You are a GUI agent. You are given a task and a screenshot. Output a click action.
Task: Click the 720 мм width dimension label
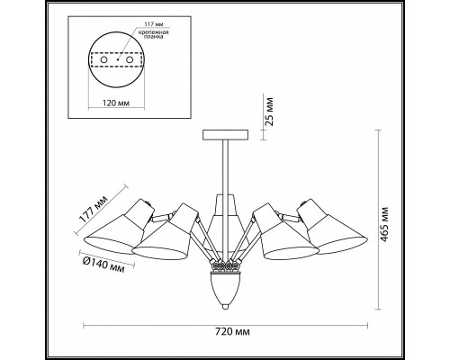(x=232, y=331)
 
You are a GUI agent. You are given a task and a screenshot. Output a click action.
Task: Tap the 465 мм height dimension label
(x=383, y=224)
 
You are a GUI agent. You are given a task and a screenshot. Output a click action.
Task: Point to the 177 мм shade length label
(x=94, y=209)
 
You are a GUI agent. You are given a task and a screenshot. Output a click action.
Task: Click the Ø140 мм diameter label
(x=103, y=264)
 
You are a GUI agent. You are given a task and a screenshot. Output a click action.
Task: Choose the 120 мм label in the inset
(x=116, y=103)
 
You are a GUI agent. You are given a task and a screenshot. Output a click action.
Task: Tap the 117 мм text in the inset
(x=154, y=24)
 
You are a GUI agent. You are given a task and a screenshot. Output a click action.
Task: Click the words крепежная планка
(x=153, y=34)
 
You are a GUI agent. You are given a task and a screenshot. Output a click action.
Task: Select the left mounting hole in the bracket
(x=103, y=60)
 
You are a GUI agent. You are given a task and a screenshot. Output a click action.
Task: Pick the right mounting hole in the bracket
(x=130, y=60)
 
